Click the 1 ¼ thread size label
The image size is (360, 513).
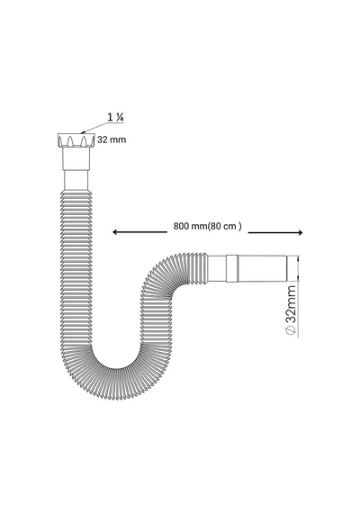[115, 117]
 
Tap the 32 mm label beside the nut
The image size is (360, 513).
[112, 139]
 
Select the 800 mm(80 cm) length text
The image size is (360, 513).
[208, 226]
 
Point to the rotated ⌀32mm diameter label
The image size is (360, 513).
[291, 310]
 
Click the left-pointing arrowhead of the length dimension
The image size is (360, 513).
[115, 232]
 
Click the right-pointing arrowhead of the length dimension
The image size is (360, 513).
[300, 232]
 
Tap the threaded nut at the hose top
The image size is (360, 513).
[76, 139]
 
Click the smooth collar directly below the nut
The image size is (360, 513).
[76, 158]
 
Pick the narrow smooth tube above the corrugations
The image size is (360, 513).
[76, 180]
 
